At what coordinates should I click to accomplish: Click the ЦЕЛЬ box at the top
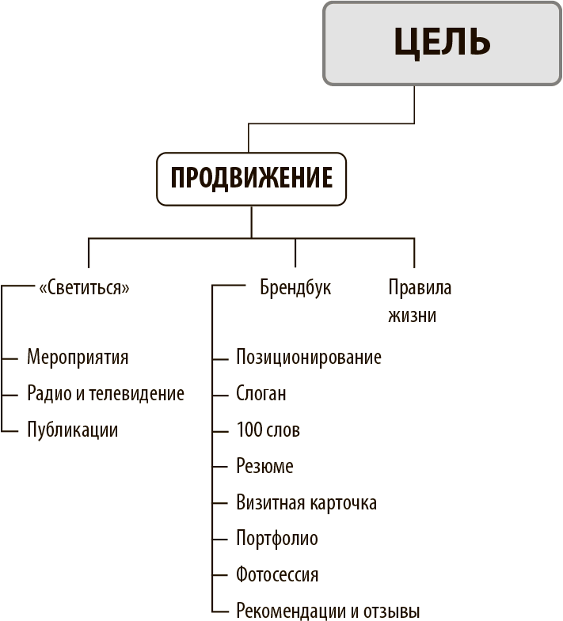[x=442, y=44]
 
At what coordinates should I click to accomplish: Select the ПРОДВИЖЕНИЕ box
[x=251, y=179]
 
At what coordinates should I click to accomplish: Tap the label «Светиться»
[x=84, y=287]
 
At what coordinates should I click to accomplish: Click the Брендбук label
[x=295, y=287]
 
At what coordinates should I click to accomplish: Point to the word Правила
[x=420, y=287]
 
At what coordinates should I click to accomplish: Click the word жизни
[x=412, y=316]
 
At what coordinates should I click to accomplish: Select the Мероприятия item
[x=78, y=358]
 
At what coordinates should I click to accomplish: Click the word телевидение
[x=136, y=394]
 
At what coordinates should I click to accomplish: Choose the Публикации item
[x=73, y=430]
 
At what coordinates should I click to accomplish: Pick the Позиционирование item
[x=309, y=358]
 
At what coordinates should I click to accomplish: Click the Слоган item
[x=261, y=394]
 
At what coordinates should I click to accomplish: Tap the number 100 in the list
[x=249, y=430]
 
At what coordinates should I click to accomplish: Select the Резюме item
[x=264, y=466]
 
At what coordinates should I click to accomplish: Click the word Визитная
[x=271, y=502]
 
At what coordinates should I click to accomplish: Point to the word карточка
[x=343, y=503]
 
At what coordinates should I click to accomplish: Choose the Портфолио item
[x=277, y=539]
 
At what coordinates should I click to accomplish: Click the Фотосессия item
[x=277, y=574]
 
